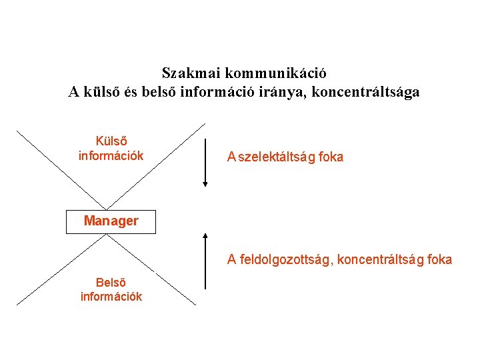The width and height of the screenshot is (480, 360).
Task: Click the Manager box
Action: tap(111, 221)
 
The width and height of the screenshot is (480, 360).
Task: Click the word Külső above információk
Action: tap(111, 142)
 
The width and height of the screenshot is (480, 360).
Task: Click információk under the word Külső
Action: tap(111, 157)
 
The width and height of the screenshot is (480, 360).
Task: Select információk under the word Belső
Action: tap(111, 297)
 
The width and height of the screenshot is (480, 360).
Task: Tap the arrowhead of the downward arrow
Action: tap(205, 181)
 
